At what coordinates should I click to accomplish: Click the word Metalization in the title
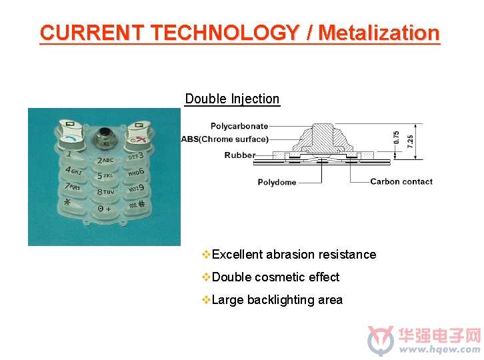[x=379, y=33]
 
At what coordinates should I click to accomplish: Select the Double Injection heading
[x=232, y=99]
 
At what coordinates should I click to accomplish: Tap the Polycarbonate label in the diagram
[x=239, y=126]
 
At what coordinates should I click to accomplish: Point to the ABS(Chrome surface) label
[x=225, y=139]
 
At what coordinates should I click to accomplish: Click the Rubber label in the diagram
[x=240, y=155]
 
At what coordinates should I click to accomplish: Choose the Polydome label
[x=277, y=182]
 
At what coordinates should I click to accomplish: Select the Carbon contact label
[x=401, y=181]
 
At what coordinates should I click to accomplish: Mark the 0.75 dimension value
[x=397, y=137]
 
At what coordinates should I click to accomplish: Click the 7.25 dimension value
[x=410, y=141]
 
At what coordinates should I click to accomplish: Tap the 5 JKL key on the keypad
[x=105, y=177]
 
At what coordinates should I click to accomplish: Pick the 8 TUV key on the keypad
[x=105, y=193]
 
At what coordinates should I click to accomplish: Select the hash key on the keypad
[x=137, y=205]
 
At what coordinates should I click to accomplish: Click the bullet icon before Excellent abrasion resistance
[x=206, y=255]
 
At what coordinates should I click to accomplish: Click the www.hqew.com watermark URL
[x=440, y=349]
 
